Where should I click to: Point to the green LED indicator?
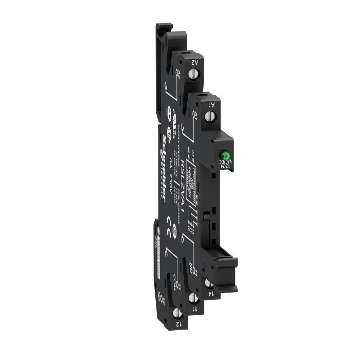coord(225,154)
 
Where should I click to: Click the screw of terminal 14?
coord(208,282)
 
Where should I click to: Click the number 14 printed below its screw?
coord(210,294)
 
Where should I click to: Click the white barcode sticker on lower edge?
coord(156,252)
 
